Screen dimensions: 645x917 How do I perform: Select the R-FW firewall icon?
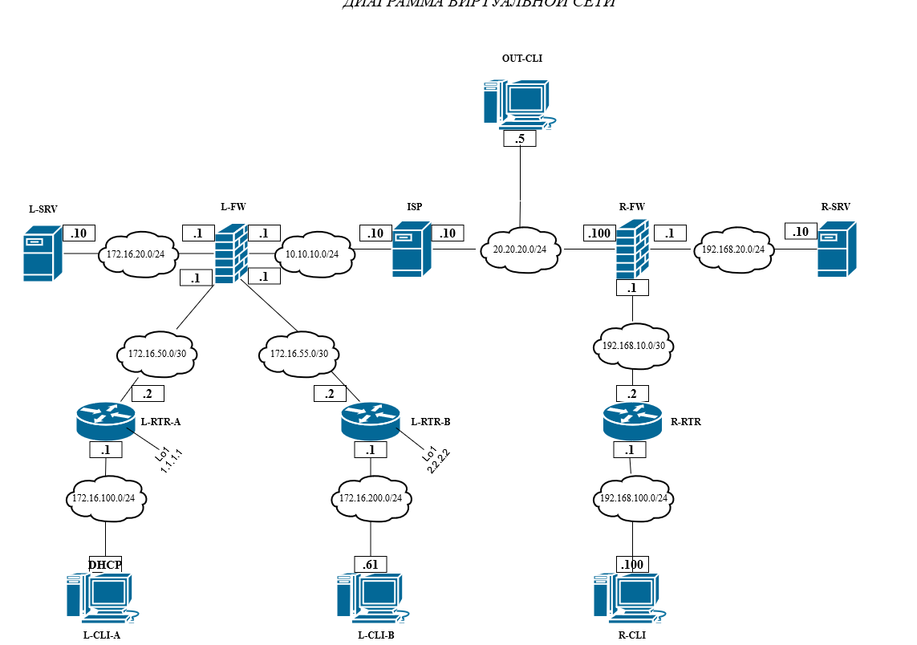pyautogui.click(x=632, y=250)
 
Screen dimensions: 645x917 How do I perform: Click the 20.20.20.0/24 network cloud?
pyautogui.click(x=520, y=249)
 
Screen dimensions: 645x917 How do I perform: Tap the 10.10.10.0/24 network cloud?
pyautogui.click(x=312, y=254)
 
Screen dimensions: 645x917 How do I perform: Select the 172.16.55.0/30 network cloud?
pyautogui.click(x=299, y=353)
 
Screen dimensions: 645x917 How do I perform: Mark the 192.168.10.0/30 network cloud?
pyautogui.click(x=633, y=347)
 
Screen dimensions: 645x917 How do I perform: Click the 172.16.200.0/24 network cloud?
pyautogui.click(x=370, y=498)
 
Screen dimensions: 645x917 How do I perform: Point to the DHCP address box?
pyautogui.click(x=105, y=565)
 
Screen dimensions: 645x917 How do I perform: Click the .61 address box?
pyautogui.click(x=370, y=565)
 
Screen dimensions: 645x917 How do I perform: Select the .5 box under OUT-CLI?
pyautogui.click(x=520, y=139)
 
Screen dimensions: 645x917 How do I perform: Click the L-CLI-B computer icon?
pyautogui.click(x=369, y=598)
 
